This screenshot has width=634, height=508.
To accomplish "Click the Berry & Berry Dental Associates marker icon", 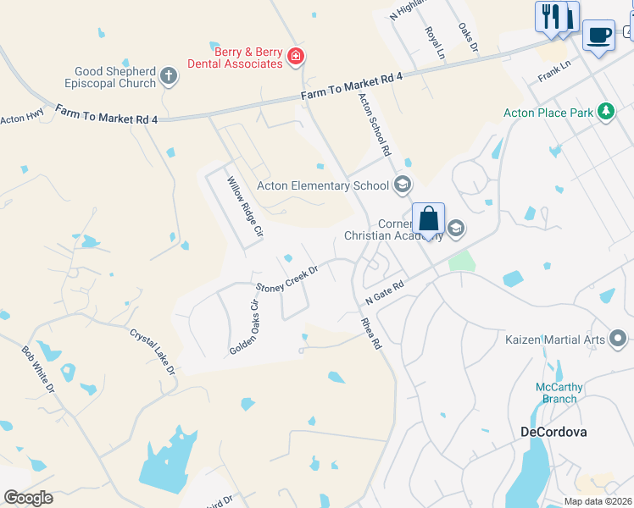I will tap(296, 57).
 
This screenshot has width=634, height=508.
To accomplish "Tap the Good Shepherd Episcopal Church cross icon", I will tap(169, 77).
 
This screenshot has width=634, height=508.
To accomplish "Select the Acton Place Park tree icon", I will tap(605, 111).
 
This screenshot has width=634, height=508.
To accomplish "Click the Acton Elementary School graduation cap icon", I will tap(403, 185).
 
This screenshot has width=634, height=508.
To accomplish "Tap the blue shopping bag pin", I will tap(429, 219).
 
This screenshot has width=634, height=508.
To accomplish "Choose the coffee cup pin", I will tap(598, 36).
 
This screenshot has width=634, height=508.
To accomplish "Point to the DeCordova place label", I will tap(553, 431).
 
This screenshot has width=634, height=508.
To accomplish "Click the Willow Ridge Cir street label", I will tap(245, 206).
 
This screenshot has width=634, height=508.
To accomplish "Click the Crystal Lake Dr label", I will tap(153, 351).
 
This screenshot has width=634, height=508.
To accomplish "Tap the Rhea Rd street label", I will tap(371, 334).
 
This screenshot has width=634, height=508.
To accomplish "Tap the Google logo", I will tap(28, 498).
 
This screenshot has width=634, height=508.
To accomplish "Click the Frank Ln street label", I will tap(555, 71).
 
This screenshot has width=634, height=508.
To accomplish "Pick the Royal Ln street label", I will tap(435, 41).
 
